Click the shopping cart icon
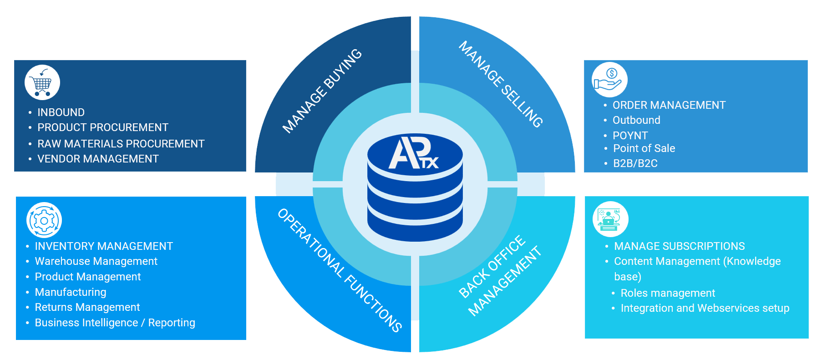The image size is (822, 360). [x=42, y=82]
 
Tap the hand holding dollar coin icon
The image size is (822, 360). [x=609, y=80]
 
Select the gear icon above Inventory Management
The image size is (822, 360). [x=44, y=220]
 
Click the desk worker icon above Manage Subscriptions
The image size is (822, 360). [x=610, y=219]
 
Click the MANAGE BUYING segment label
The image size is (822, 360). [x=322, y=91]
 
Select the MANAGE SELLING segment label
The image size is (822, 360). [x=501, y=84]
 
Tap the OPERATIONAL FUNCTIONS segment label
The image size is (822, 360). [x=340, y=270]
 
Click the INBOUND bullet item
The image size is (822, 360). [x=61, y=112]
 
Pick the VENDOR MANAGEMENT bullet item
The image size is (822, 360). [x=98, y=159]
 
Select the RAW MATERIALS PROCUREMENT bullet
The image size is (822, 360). [x=121, y=144]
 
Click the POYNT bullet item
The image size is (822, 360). [x=630, y=136]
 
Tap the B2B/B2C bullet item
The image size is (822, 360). [x=635, y=163]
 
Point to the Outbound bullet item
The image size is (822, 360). [x=636, y=120]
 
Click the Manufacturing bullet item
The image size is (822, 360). [x=71, y=292]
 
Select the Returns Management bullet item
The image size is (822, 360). [x=87, y=307]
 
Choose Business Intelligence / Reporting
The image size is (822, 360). [x=115, y=323]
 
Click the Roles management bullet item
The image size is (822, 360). [x=668, y=293]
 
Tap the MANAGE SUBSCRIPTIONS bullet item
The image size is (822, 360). [x=679, y=246]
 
